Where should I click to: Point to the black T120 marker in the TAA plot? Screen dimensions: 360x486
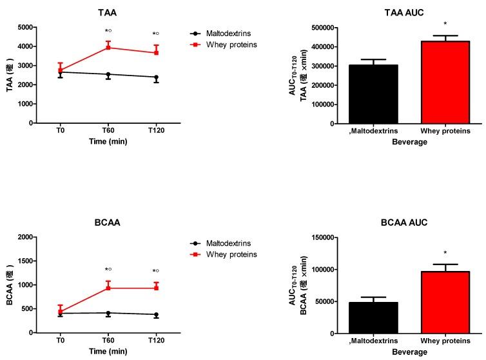[x=155, y=77]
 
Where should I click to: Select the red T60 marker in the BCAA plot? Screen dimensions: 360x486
[x=108, y=288]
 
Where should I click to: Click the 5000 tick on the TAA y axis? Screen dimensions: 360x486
[x=25, y=28]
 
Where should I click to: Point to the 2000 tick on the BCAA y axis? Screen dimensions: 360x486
[x=25, y=237]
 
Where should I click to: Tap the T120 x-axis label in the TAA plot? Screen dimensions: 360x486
[x=155, y=130]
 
